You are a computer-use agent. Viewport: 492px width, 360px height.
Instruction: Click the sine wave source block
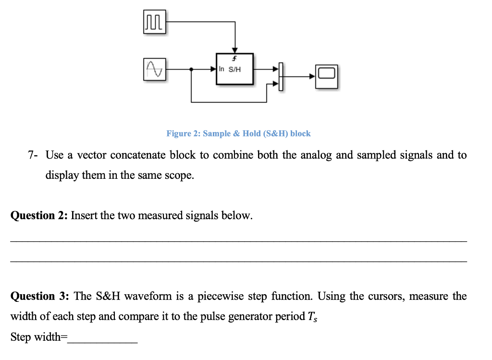154,70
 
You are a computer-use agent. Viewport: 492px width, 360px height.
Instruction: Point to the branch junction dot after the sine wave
192,70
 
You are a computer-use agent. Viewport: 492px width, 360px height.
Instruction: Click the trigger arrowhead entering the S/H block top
234,50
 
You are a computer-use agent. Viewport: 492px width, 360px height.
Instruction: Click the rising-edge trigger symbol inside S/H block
234,59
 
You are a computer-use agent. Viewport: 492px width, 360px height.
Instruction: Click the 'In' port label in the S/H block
221,69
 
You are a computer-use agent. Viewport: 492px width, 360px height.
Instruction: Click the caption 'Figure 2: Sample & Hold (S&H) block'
238,134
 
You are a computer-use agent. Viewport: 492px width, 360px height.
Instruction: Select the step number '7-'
33,155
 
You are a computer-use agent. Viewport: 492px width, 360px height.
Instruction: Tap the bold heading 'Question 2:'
39,215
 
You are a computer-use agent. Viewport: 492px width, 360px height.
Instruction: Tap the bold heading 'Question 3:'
39,296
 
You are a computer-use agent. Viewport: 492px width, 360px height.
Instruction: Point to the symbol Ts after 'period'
312,317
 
